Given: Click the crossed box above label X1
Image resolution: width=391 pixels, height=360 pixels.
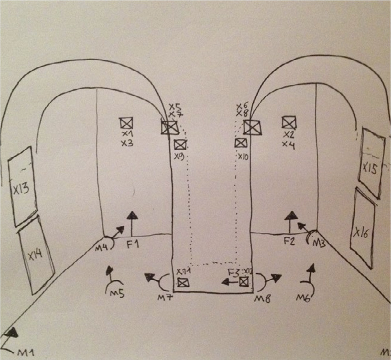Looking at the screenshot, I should [x=127, y=123].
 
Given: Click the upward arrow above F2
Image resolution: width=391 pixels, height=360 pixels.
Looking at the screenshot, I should [x=290, y=221].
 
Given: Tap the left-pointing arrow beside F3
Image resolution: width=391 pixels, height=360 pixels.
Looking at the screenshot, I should [x=229, y=282].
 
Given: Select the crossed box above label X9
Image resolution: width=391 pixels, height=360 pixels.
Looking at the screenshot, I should [x=180, y=144].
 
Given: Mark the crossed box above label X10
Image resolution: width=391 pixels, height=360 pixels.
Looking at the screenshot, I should [x=240, y=143].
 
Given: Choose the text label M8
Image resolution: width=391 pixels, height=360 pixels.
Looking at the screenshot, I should [x=262, y=299].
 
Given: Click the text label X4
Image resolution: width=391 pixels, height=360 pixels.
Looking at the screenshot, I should [x=288, y=144].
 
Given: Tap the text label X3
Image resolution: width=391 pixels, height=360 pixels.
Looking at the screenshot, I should [x=127, y=143].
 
